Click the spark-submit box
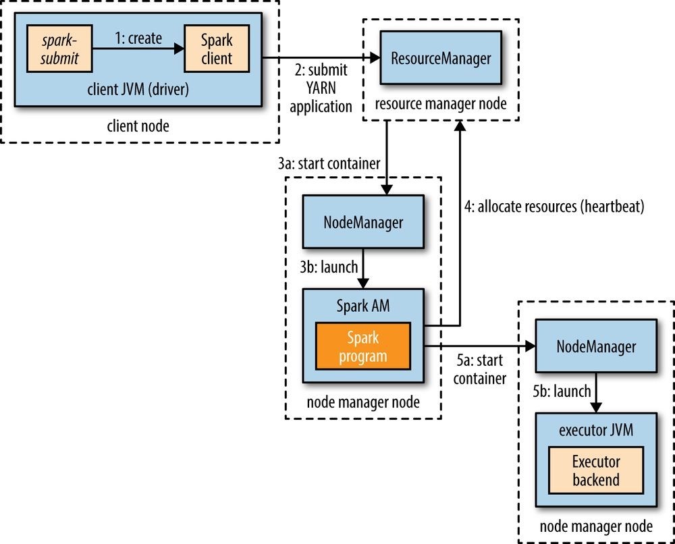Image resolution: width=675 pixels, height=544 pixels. [x=59, y=49]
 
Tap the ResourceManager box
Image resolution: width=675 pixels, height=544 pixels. [x=441, y=58]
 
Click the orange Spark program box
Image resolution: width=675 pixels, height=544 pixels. [x=363, y=346]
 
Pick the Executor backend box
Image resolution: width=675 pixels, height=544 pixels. [x=596, y=470]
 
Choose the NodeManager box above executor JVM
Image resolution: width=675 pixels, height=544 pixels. [x=596, y=346]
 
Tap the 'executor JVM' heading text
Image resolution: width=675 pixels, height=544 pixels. [x=596, y=429]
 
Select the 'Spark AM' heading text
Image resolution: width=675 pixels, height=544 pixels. [x=363, y=306]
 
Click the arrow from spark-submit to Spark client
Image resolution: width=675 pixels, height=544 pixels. [x=138, y=49]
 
